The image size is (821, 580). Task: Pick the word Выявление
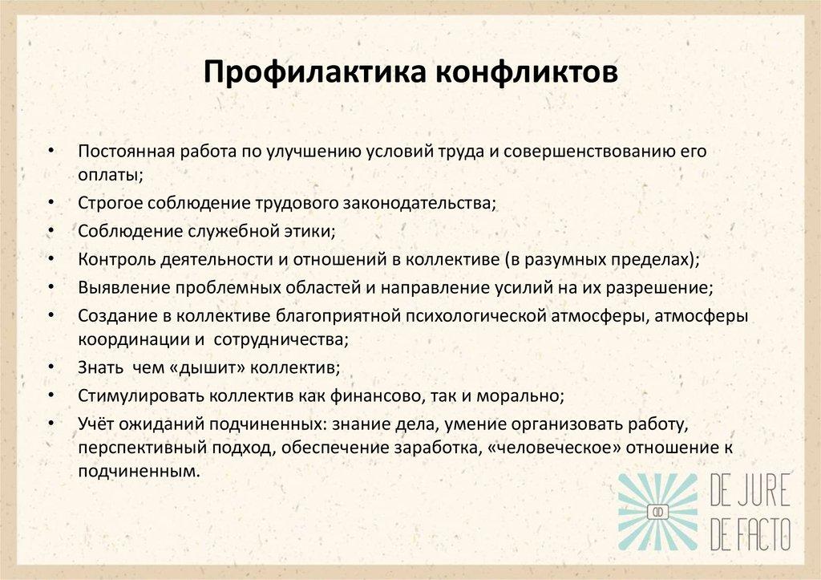[x=115, y=287]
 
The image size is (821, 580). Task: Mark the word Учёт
[x=97, y=423]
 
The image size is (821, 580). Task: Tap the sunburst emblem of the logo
[x=660, y=510]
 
